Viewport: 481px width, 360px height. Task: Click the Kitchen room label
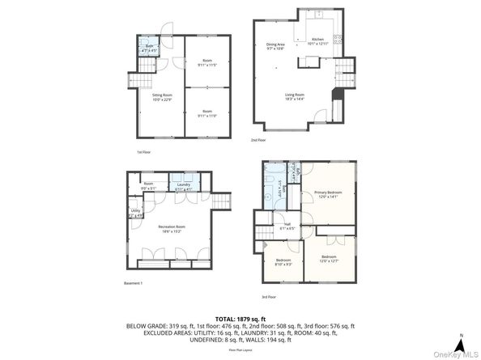[x=318, y=40]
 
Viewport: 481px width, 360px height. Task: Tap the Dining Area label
[x=275, y=46]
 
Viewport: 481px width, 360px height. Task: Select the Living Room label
[x=294, y=96]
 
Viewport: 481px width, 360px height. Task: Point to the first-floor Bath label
[x=150, y=49]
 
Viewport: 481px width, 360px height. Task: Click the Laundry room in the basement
[x=184, y=187]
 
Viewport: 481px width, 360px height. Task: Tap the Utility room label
[x=135, y=213]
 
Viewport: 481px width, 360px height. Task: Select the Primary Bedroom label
[x=329, y=193]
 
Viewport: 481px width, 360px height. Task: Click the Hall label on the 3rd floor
[x=287, y=227]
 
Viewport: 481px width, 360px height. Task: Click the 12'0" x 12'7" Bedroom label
[x=329, y=259]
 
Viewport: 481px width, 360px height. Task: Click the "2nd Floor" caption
[x=258, y=140]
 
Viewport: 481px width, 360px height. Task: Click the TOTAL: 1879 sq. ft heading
[x=240, y=320]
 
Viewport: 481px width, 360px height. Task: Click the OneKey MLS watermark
[x=453, y=354]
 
